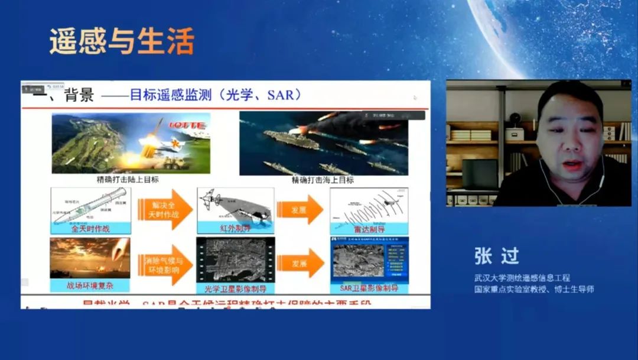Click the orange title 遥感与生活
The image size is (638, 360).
[x=122, y=41]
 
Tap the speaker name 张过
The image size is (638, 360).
[x=496, y=255]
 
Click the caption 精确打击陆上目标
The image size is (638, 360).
[x=128, y=180]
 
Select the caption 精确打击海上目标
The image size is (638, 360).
[x=323, y=180]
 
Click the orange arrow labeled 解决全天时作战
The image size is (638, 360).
[x=165, y=209]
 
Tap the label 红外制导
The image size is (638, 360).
[x=235, y=228]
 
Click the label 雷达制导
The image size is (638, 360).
[x=369, y=228]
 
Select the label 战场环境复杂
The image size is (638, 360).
[x=90, y=286]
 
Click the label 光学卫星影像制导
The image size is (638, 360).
[x=235, y=289]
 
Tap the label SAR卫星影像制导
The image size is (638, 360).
[x=369, y=288]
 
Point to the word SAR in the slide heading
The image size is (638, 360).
[x=281, y=95]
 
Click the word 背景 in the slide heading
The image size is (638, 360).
[x=79, y=95]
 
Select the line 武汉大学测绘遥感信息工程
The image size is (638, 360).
[x=522, y=277]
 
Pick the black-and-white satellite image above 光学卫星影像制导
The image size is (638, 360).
[x=235, y=260]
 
